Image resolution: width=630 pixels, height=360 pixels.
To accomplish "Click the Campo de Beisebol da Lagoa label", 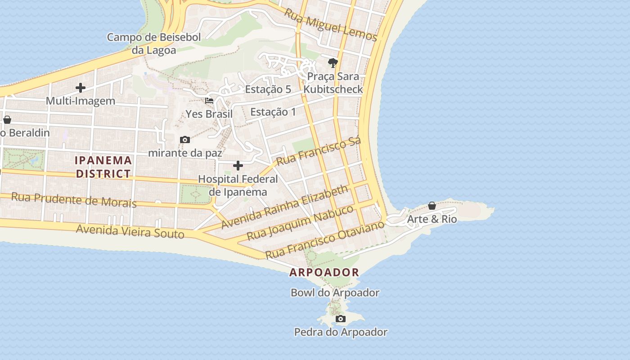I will tap(154, 43).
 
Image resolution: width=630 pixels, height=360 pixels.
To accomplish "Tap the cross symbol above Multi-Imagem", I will tap(81, 87).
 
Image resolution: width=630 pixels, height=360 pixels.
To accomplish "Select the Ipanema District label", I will tap(103, 167).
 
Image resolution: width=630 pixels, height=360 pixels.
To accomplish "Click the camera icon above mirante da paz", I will tap(184, 140).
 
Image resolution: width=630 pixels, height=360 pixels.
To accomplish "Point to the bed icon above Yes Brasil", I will tap(209, 100).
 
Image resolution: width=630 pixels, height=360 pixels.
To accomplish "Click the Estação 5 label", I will tap(268, 89).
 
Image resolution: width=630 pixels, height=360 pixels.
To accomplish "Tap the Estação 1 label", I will tap(273, 112).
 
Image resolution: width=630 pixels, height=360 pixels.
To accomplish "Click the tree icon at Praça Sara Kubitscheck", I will tap(333, 63).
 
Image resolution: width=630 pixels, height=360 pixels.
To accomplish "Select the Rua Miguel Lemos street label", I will tap(330, 24).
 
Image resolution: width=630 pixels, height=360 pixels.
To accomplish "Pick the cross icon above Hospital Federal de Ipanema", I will tap(238, 166).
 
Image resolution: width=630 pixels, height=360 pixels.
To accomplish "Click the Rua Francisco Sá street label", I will tap(319, 151).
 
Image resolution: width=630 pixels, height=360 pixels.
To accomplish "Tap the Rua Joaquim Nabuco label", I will tap(300, 223).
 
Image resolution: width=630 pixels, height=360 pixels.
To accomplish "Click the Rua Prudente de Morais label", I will tap(74, 200).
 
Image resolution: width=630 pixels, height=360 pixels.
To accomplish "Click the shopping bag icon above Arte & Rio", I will tap(432, 206).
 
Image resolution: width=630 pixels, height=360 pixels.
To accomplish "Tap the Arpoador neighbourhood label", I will tap(324, 272).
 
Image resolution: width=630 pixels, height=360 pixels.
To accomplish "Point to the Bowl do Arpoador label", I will tap(335, 292).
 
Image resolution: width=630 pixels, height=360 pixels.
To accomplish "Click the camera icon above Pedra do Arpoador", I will tap(341, 319).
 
